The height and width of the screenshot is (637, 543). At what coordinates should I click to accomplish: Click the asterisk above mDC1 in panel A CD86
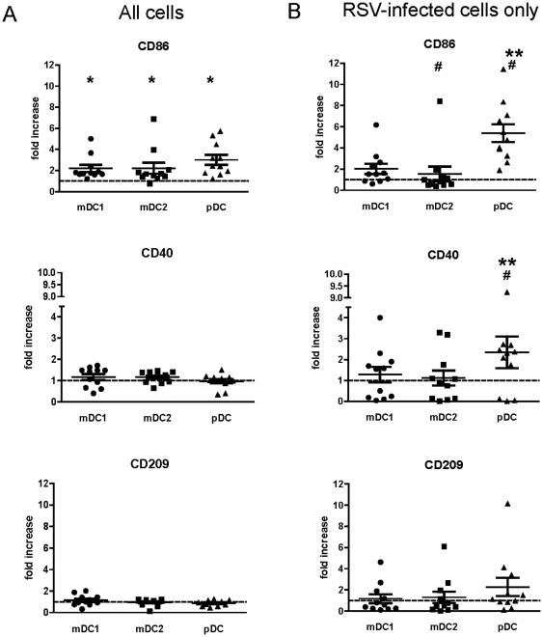pos(90,80)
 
